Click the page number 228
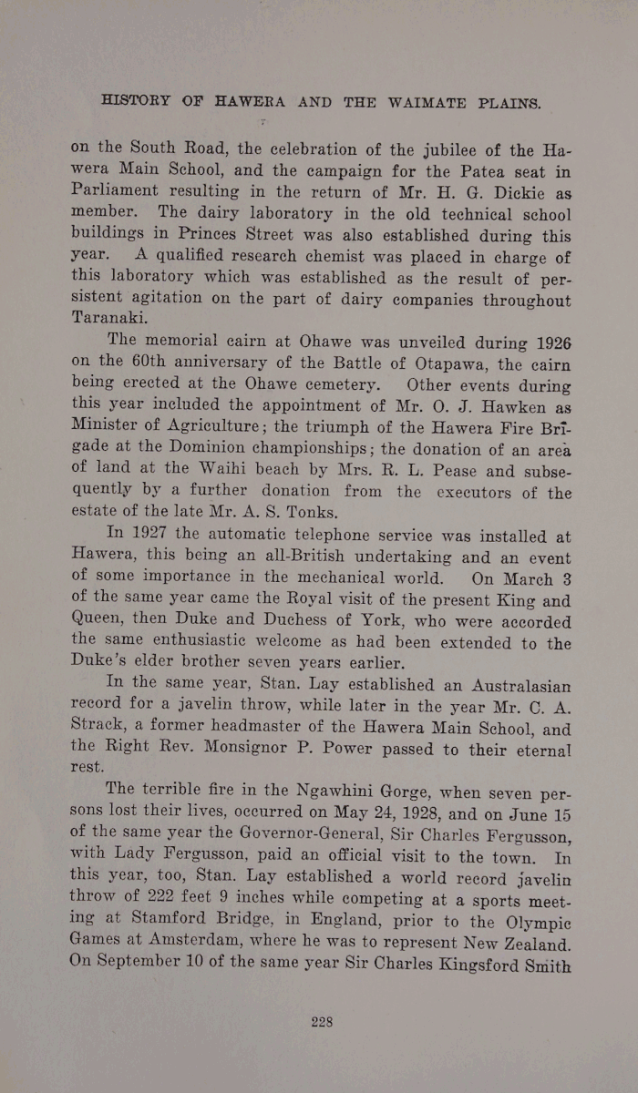click(x=321, y=1021)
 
